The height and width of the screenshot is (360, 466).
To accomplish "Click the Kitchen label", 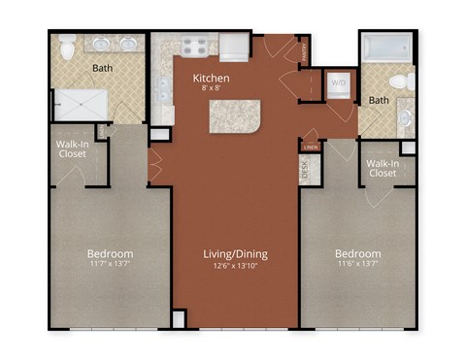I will (x=211, y=77).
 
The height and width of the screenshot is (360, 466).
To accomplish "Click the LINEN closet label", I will (x=310, y=147).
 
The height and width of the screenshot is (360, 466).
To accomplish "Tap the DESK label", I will (x=305, y=169).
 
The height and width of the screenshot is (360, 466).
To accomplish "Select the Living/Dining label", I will (x=236, y=254).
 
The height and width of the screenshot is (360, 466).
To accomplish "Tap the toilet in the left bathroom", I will (x=68, y=47).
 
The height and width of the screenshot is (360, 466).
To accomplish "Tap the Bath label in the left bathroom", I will (x=103, y=69).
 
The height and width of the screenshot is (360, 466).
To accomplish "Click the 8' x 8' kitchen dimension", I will (x=211, y=88).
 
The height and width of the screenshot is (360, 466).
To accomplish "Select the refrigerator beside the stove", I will (x=234, y=47).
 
